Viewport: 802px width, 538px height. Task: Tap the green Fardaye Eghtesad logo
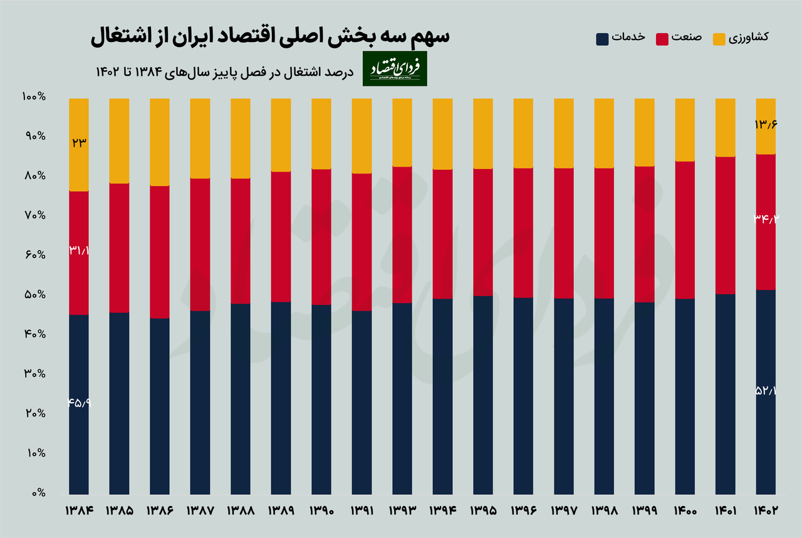(x=396, y=69)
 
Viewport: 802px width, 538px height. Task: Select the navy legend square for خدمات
(x=602, y=38)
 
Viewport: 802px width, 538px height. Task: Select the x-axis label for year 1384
(x=79, y=510)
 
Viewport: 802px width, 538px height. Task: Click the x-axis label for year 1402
(x=766, y=510)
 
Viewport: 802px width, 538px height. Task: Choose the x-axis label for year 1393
(x=402, y=510)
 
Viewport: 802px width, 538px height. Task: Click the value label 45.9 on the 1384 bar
(x=79, y=403)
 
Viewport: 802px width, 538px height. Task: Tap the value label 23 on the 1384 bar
(x=79, y=142)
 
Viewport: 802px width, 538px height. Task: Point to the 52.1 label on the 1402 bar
(x=766, y=391)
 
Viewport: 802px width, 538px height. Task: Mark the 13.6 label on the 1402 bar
(x=766, y=125)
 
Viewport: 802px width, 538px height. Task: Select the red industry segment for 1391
(x=362, y=242)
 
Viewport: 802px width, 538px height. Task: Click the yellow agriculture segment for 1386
(x=160, y=142)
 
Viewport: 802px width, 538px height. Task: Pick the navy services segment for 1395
(x=482, y=395)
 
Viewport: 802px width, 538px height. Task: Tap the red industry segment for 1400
(x=685, y=230)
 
